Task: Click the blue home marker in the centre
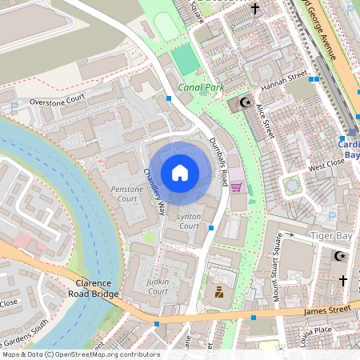[180, 172]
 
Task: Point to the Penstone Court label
[126, 193]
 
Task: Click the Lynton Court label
[188, 222]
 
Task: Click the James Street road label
[327, 309]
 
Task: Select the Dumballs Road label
[219, 159]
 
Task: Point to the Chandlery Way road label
[154, 193]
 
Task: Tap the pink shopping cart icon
[236, 187]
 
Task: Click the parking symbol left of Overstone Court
[14, 106]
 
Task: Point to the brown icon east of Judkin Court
[218, 293]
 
